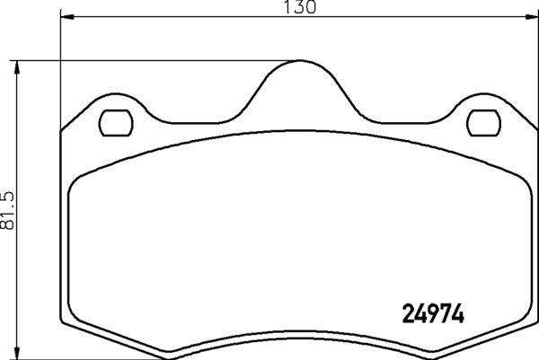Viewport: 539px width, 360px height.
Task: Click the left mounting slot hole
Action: tap(115, 121)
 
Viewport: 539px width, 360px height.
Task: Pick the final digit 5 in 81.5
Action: tap(9, 195)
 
